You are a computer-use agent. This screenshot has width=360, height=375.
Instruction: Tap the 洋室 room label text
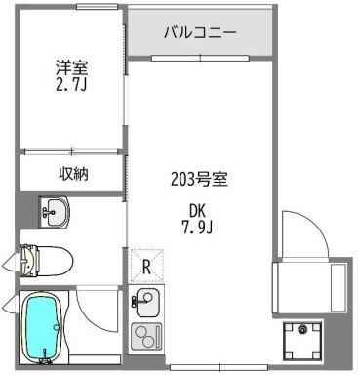point(71,69)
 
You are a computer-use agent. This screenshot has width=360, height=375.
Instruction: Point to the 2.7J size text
point(71,86)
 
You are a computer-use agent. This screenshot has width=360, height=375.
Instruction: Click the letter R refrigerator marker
point(146,264)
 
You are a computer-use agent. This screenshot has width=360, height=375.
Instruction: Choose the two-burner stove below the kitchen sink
point(147,336)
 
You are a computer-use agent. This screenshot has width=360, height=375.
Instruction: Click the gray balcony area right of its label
point(256,33)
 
